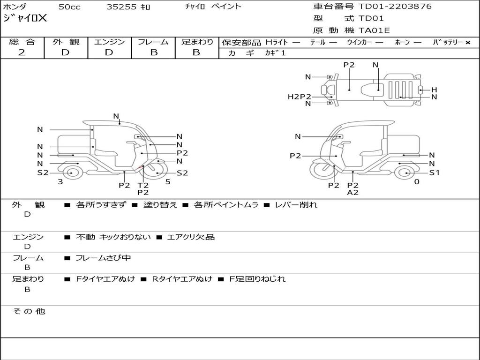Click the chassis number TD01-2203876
coord(395,6)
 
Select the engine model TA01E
coord(374,30)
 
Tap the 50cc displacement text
coord(69,7)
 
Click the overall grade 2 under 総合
coord(22,52)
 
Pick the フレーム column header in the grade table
coord(153,42)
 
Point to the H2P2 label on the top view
coord(300,97)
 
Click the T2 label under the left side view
coord(143,185)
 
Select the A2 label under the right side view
coord(352,192)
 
